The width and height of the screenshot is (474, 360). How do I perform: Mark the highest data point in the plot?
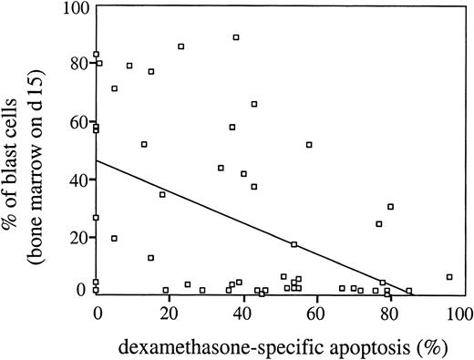[x=236, y=37]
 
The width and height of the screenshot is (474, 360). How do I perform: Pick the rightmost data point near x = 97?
[x=449, y=276]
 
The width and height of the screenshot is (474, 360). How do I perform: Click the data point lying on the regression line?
[x=294, y=244]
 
